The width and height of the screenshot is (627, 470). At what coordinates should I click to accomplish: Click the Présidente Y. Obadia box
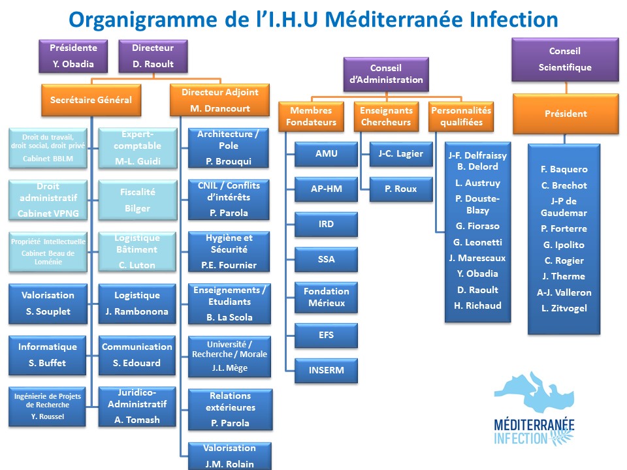(74, 56)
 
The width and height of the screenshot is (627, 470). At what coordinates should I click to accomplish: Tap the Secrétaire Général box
(91, 101)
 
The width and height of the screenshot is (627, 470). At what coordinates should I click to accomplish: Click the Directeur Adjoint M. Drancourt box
(219, 101)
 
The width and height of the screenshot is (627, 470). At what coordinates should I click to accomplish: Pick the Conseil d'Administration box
(386, 74)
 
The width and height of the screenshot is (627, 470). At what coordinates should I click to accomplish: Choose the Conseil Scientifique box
(565, 59)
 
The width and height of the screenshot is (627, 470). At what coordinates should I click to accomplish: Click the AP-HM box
(327, 189)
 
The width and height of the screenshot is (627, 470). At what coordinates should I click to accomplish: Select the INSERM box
(327, 371)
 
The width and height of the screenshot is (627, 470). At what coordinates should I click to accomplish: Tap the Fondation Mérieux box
(327, 298)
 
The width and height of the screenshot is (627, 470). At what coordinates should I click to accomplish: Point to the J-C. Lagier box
(401, 154)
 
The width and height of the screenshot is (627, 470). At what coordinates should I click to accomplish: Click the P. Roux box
(401, 189)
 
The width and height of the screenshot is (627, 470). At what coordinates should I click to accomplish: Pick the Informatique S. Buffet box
(48, 355)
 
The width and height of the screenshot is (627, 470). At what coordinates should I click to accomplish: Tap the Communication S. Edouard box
(137, 355)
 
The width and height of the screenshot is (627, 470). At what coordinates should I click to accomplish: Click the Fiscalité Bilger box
(137, 200)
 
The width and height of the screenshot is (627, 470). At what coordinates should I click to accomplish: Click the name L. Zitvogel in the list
(564, 308)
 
